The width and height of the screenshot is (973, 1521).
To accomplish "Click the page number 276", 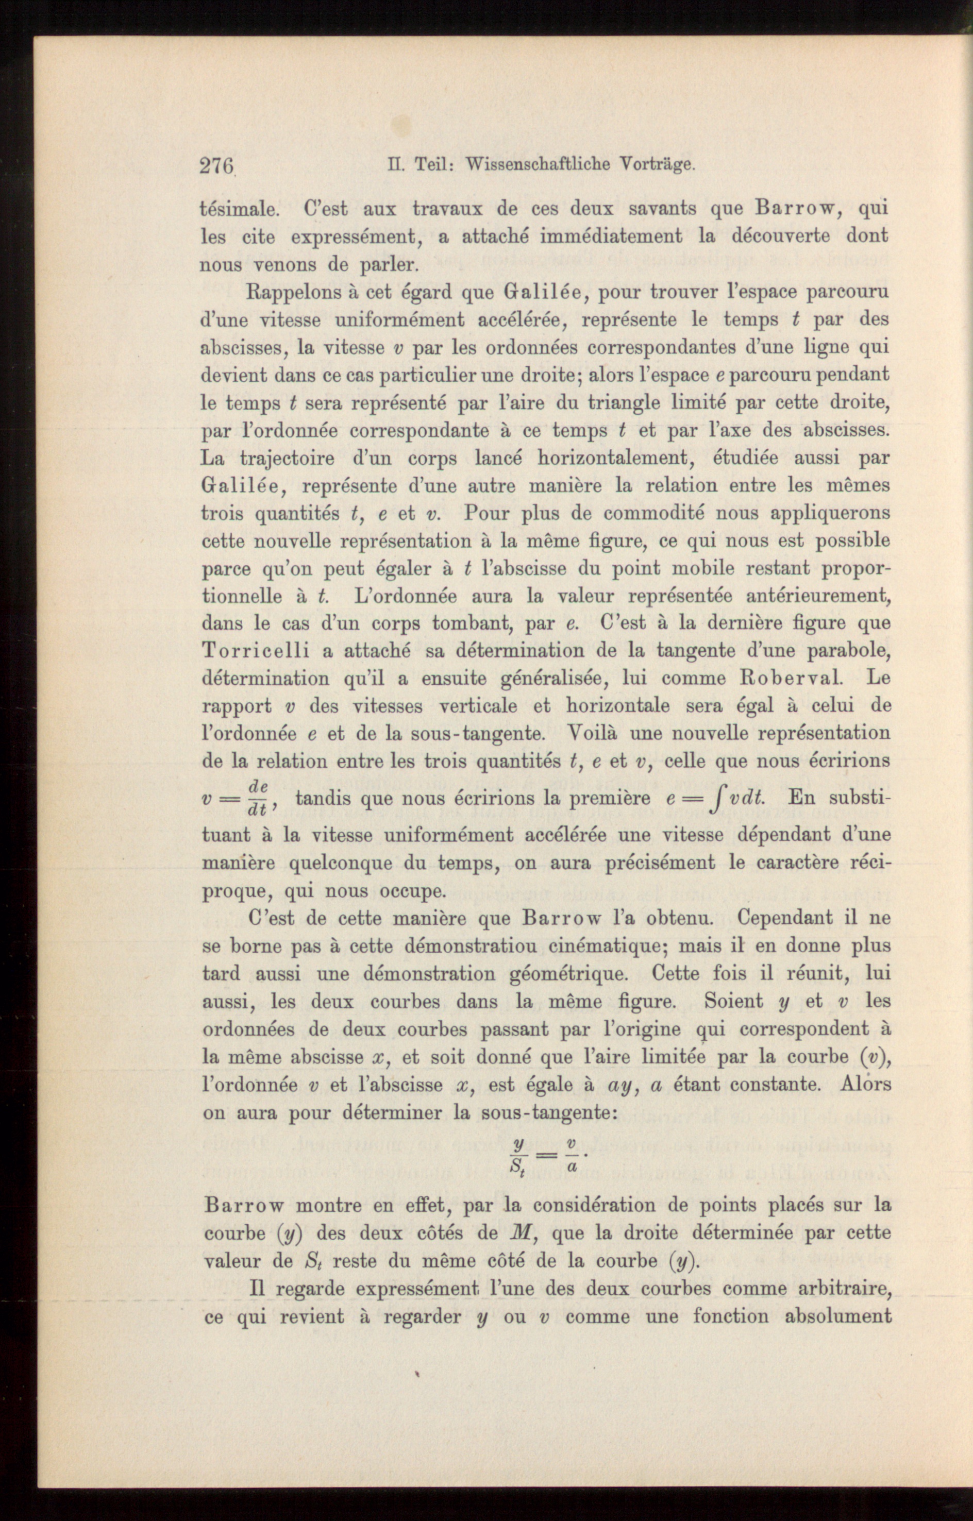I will [x=217, y=165].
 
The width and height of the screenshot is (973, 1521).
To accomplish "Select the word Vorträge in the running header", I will [x=657, y=165].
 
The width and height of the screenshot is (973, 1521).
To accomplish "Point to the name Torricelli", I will [x=256, y=651].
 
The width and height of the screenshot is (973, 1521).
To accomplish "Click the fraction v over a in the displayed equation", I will [x=571, y=1156].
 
